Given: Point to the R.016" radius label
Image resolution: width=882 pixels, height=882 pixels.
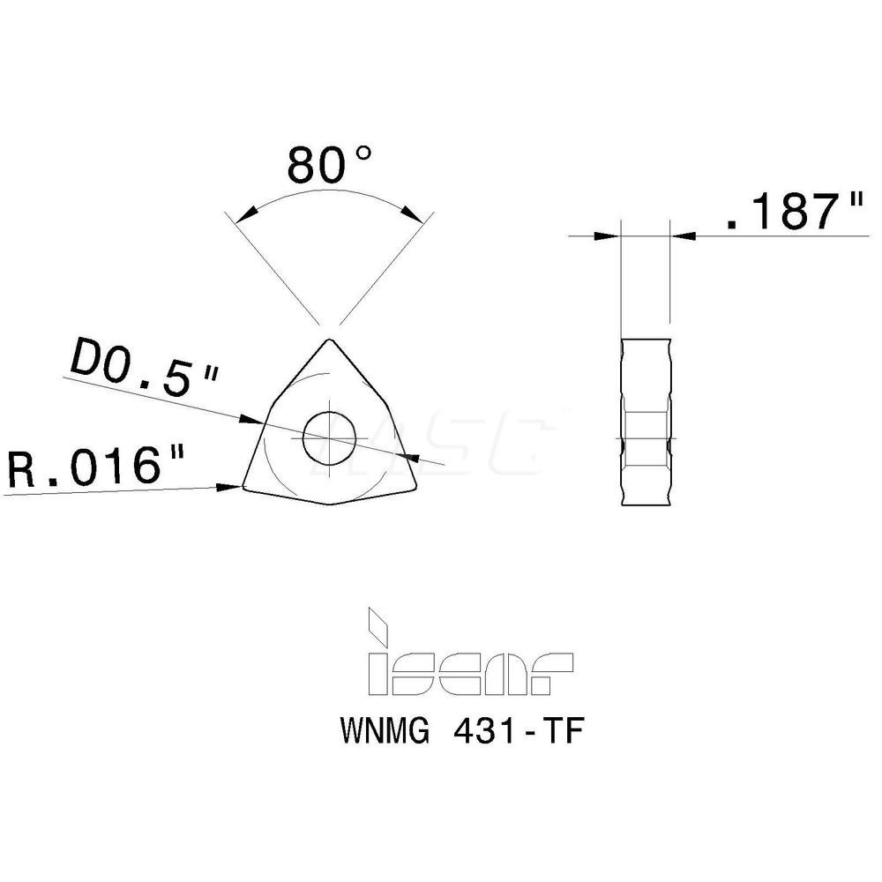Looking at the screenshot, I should coord(98,467).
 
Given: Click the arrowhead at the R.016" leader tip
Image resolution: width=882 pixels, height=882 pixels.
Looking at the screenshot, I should coord(233,485).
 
